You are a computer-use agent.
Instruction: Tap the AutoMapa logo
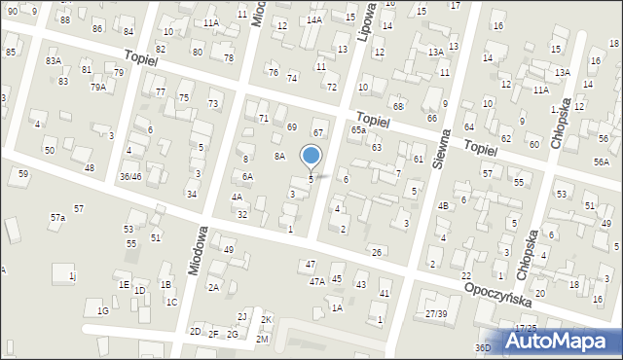tap(560, 342)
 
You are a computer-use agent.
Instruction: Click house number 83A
tap(54, 61)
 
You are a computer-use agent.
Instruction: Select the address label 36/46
tap(130, 176)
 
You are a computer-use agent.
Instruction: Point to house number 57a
tap(58, 218)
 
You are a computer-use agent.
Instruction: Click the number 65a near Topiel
tap(358, 129)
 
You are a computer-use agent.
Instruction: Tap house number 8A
tap(278, 156)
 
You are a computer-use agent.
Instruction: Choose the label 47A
tap(317, 281)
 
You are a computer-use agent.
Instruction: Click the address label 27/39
tap(436, 313)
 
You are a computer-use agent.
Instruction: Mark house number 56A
tap(602, 163)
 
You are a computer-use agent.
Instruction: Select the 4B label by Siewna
tap(443, 205)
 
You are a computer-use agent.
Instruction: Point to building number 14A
tap(313, 19)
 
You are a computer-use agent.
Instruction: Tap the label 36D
tap(483, 347)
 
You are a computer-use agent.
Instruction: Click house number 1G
tap(102, 310)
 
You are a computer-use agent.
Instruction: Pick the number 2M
tap(262, 339)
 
